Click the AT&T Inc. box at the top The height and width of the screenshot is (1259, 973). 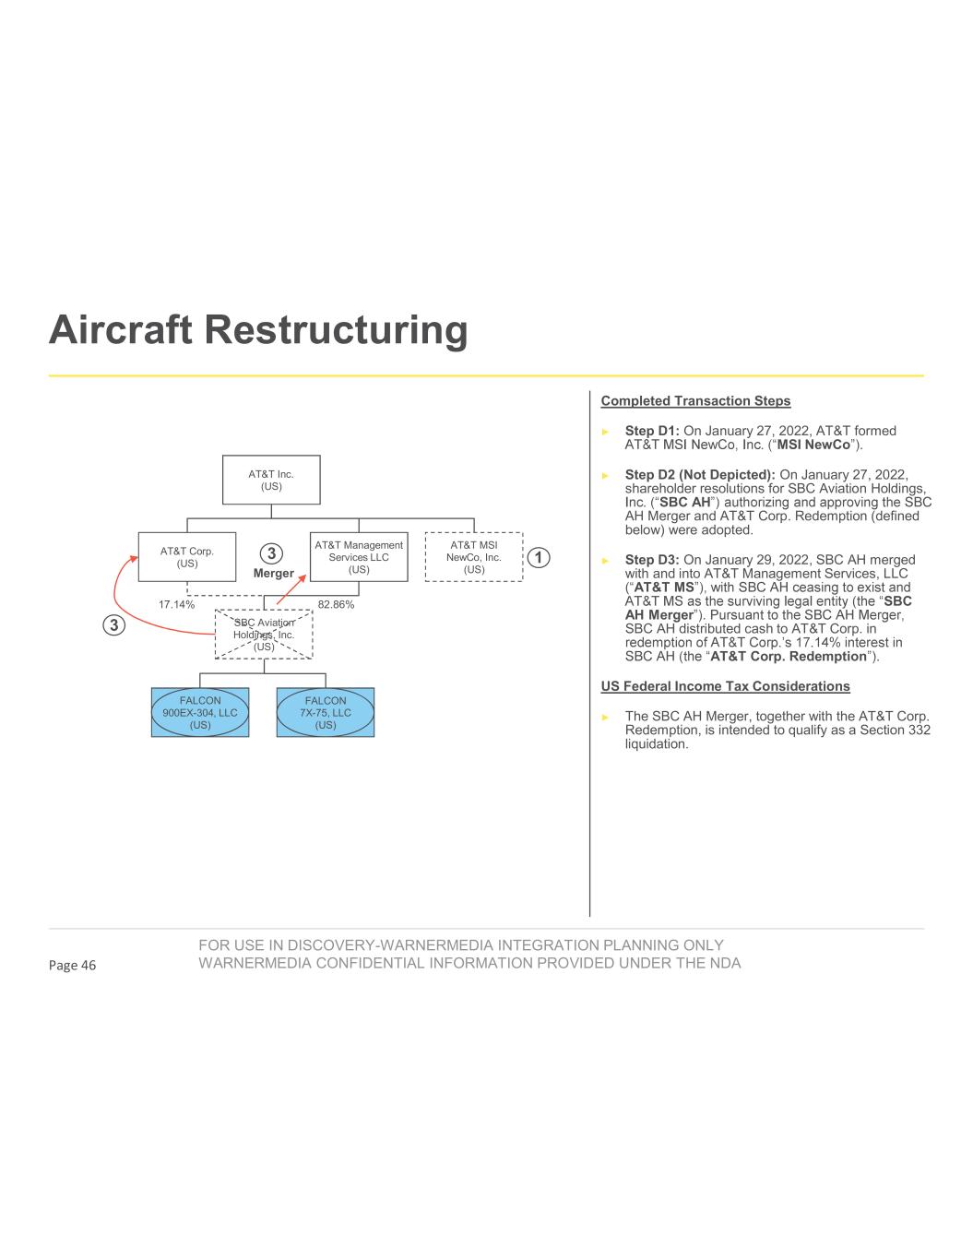point(271,480)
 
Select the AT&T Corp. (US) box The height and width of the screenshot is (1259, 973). point(187,557)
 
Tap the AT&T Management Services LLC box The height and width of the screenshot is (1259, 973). point(359,557)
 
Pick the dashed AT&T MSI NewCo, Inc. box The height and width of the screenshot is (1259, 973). point(473,557)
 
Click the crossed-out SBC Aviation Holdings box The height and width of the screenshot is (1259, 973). point(264,635)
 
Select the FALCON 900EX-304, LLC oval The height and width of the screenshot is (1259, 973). point(200,713)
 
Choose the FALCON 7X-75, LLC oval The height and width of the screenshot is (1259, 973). point(326,713)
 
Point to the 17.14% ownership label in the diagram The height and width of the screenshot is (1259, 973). point(176,605)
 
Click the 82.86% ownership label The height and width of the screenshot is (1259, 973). point(336,605)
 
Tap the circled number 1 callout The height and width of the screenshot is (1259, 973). point(539,557)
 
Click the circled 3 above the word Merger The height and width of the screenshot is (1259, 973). point(272,553)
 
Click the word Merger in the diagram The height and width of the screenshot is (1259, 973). point(273,573)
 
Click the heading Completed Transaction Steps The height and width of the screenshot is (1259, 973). point(695,401)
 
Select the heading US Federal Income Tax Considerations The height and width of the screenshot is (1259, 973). point(725,686)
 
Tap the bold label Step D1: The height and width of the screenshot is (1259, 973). point(652,431)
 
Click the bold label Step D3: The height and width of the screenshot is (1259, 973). point(652,560)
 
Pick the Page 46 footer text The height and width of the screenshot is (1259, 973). point(72,965)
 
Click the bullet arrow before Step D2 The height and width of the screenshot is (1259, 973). point(606,476)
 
